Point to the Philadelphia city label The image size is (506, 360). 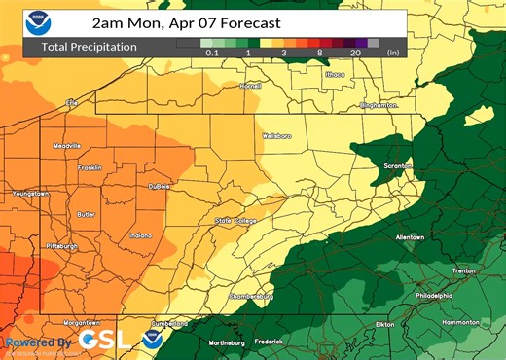point(433,296)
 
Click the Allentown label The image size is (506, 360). point(410,237)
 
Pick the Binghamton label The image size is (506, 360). point(379,104)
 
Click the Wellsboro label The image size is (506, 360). point(276,136)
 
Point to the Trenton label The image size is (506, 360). point(464,270)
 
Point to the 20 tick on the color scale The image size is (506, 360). point(356,54)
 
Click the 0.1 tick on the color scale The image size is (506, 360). point(211,54)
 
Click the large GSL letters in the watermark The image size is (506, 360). point(102,340)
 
